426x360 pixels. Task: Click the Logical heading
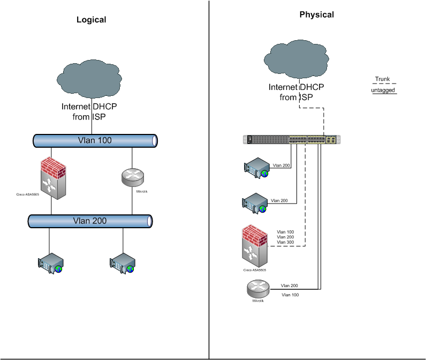(x=92, y=20)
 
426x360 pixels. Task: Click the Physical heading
(x=316, y=15)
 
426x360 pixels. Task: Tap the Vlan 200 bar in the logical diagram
(x=89, y=221)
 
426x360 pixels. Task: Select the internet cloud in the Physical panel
(x=296, y=59)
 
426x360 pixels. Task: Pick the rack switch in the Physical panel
(x=292, y=140)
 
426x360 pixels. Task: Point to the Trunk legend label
(x=382, y=79)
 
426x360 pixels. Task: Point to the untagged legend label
(x=383, y=91)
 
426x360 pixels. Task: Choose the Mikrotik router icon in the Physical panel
(x=258, y=289)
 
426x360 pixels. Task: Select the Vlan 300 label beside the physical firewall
(x=285, y=242)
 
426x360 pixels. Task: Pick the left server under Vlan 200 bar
(x=51, y=263)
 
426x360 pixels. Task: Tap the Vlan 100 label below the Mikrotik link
(x=290, y=295)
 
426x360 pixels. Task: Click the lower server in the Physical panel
(x=254, y=203)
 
